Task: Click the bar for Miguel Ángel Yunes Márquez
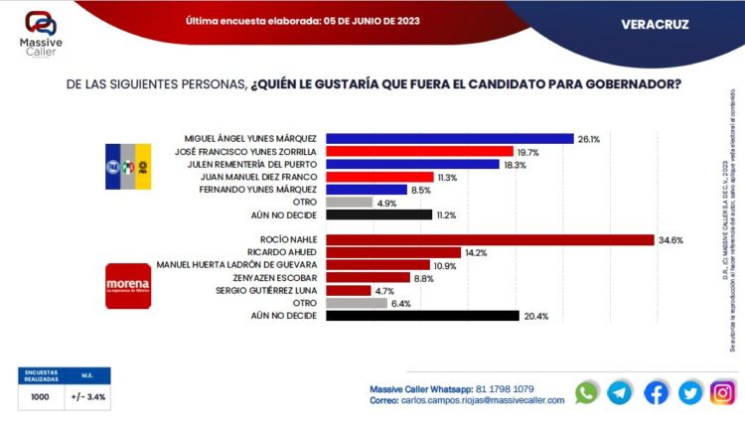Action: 450,138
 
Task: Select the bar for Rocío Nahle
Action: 490,239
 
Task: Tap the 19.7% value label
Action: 527,151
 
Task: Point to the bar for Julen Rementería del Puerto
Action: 412,164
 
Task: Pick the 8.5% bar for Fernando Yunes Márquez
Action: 366,189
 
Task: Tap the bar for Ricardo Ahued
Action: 393,252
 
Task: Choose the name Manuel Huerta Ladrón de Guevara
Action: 238,265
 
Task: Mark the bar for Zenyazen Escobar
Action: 368,278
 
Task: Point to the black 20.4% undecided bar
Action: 422,316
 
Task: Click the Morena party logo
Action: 127,286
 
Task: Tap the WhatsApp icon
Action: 587,392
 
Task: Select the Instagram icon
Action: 722,392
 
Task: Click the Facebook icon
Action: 656,392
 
